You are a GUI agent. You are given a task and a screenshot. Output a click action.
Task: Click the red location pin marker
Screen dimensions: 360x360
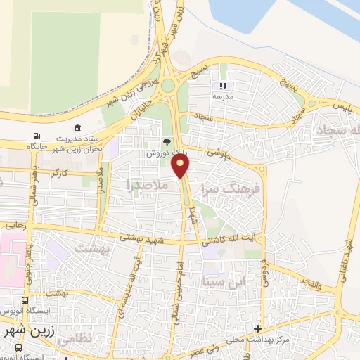[181, 166]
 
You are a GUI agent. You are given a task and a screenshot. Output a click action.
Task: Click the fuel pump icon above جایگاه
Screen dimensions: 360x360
[36, 136]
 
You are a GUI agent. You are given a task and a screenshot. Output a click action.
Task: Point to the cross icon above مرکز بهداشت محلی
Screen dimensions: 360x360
[258, 328]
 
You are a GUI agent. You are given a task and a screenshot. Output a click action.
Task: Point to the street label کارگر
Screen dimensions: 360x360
[60, 172]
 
